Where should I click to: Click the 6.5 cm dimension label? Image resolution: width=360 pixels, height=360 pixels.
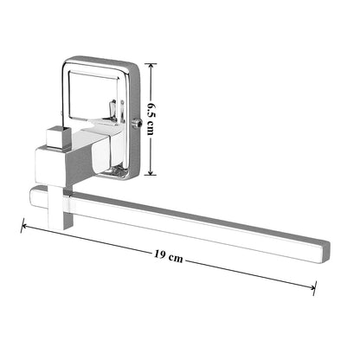(x=151, y=118)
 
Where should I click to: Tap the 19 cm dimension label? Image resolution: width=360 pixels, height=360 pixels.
(x=168, y=255)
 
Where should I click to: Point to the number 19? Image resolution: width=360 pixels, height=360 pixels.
(x=159, y=254)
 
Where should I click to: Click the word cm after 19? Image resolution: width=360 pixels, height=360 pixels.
(x=176, y=258)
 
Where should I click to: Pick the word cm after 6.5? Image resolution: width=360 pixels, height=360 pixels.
(x=151, y=128)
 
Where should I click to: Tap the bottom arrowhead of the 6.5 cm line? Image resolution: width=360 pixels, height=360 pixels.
(x=151, y=171)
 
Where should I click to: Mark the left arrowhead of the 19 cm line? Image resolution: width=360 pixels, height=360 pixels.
(x=24, y=227)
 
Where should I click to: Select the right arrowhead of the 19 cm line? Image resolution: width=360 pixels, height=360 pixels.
(x=312, y=287)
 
